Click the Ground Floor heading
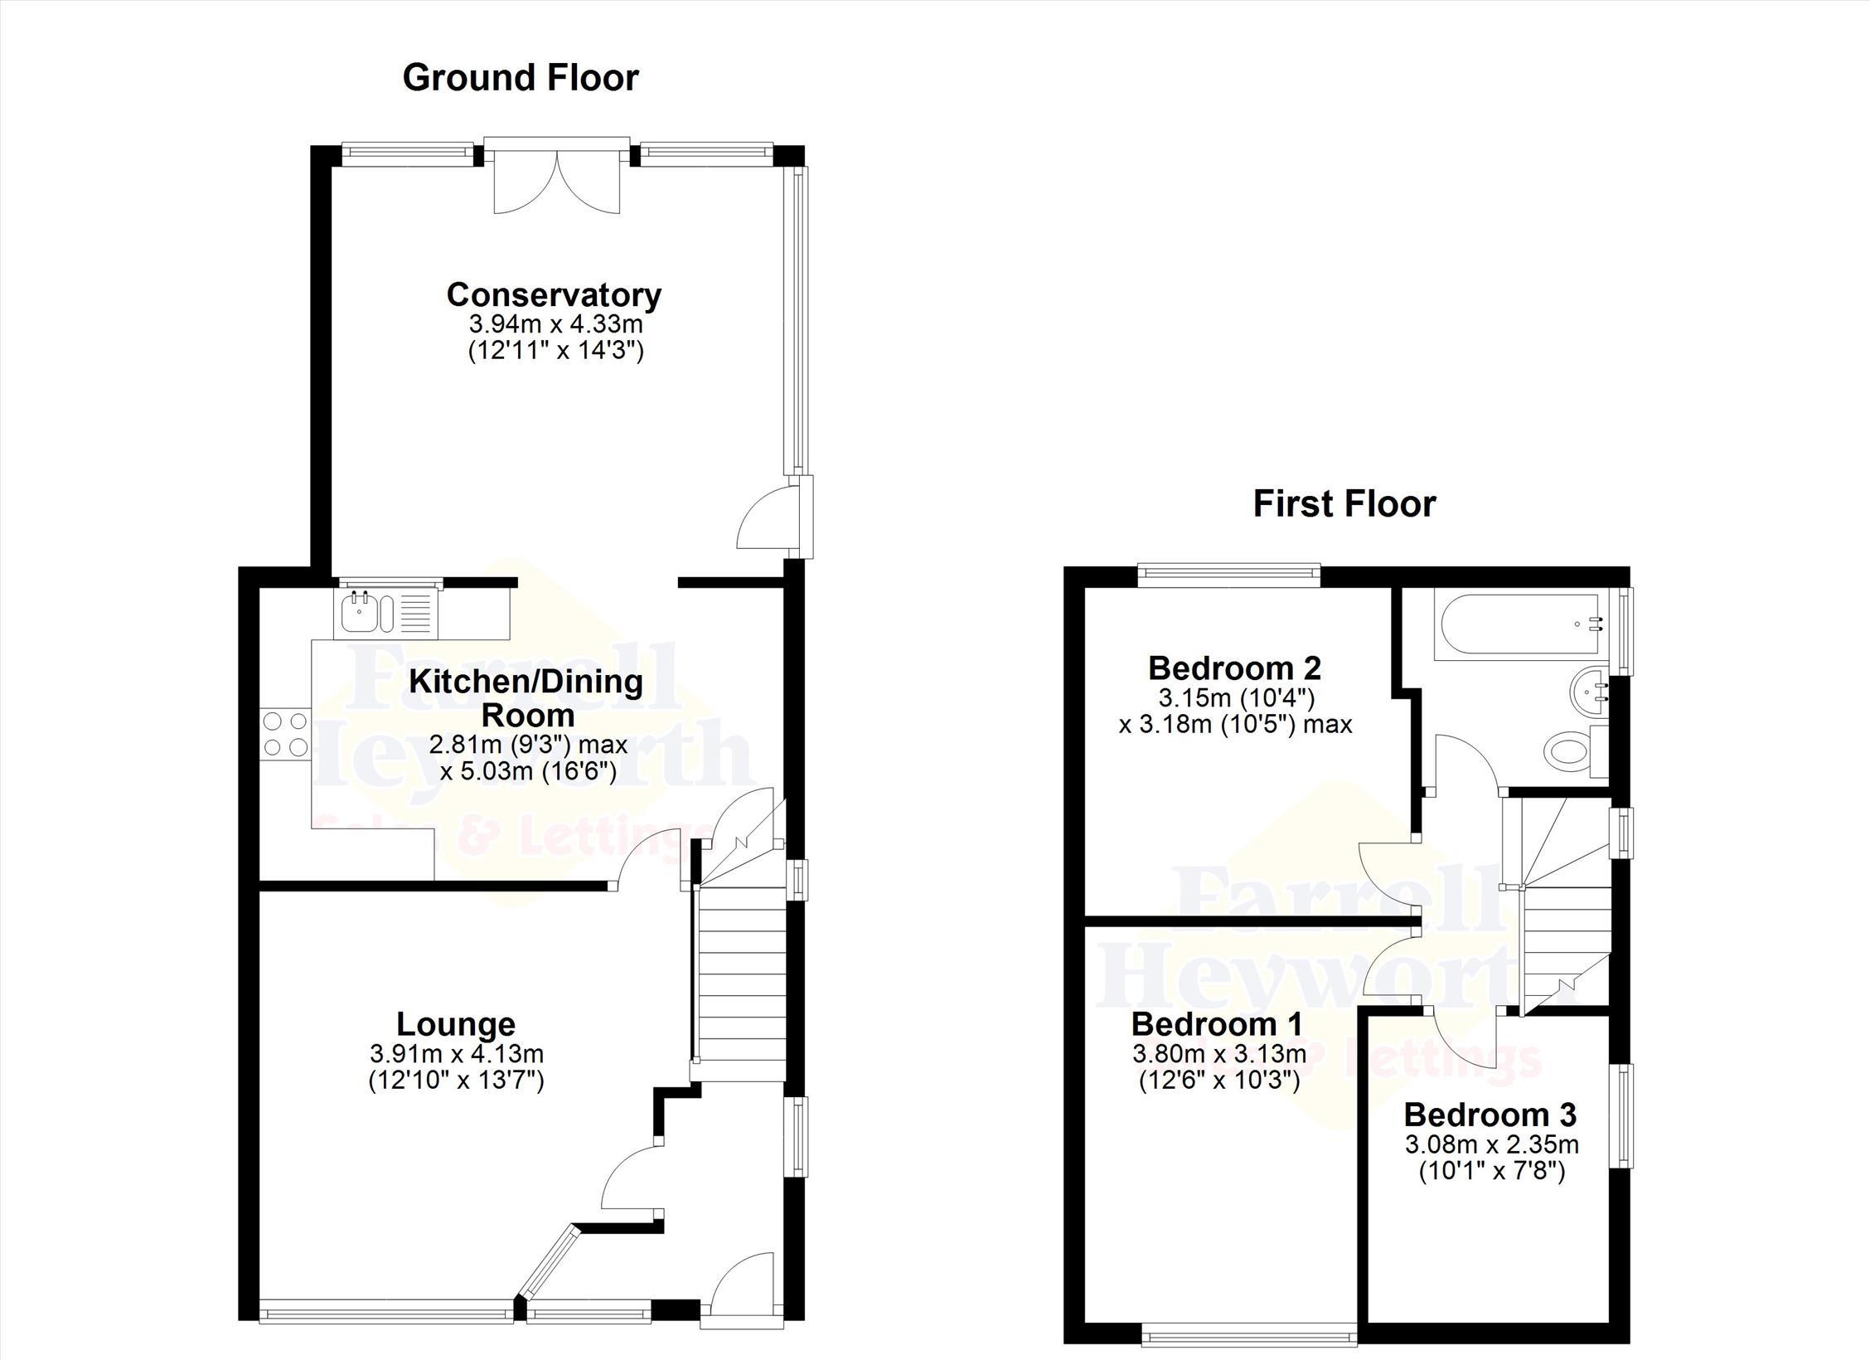pyautogui.click(x=521, y=78)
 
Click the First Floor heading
pyautogui.click(x=1344, y=504)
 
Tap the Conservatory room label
pyautogui.click(x=554, y=294)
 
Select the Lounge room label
pyautogui.click(x=456, y=1024)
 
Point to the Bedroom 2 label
pyautogui.click(x=1234, y=668)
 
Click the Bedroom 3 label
pyautogui.click(x=1490, y=1115)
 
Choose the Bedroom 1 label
pyautogui.click(x=1217, y=1024)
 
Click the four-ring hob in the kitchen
pyautogui.click(x=285, y=735)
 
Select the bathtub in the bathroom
pyautogui.click(x=1521, y=626)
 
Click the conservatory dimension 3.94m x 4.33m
pyautogui.click(x=556, y=323)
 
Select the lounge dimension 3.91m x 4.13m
pyautogui.click(x=457, y=1054)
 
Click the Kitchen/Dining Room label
pyautogui.click(x=527, y=698)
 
